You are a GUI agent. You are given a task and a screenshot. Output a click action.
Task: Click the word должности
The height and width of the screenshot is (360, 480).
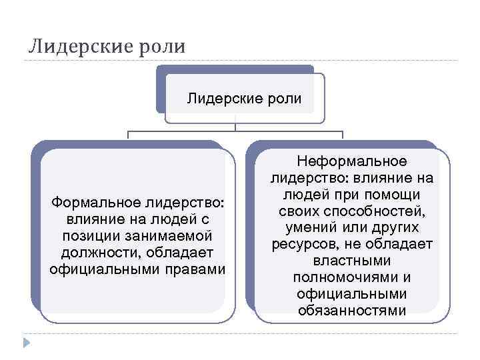click(x=93, y=253)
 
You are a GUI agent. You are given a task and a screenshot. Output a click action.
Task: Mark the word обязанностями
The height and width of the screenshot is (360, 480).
click(x=351, y=310)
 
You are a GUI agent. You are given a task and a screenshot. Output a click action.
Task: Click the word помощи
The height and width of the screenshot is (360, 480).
click(x=396, y=195)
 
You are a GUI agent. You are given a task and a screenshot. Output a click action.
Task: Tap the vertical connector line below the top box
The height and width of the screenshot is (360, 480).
click(x=235, y=124)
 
